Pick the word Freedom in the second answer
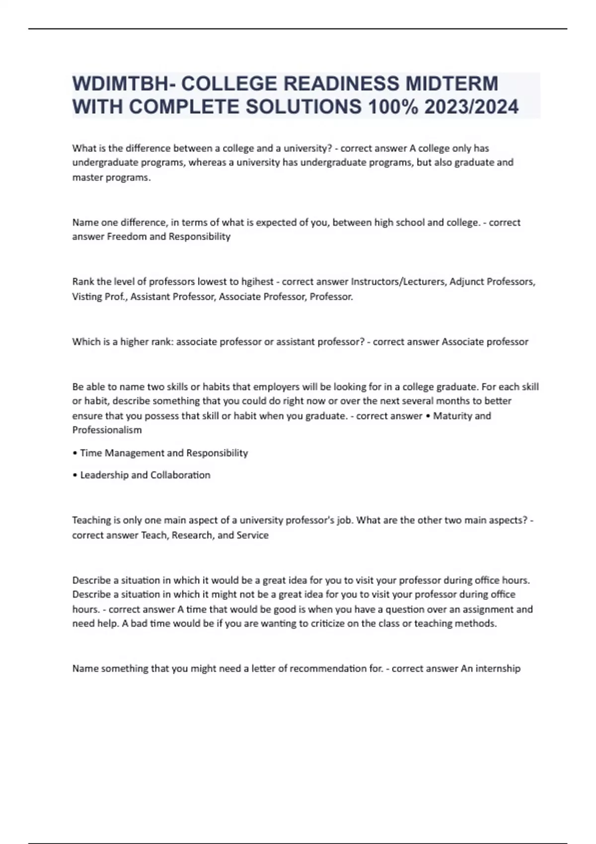click(127, 236)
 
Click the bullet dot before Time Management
click(74, 453)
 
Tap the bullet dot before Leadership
click(74, 475)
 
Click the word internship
click(498, 668)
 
